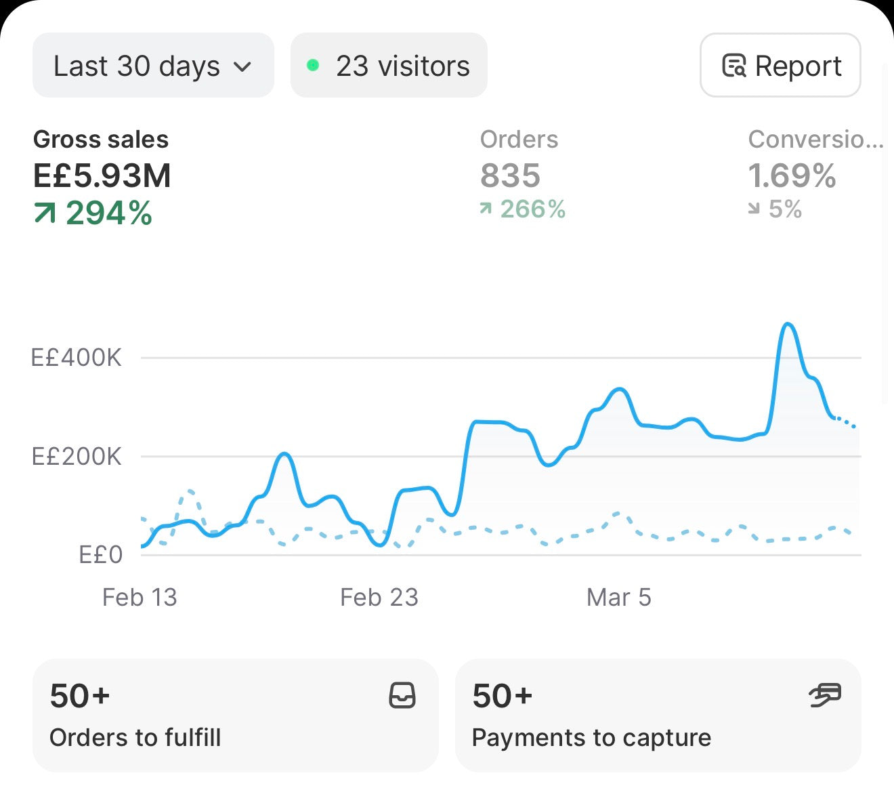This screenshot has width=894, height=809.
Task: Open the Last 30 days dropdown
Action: [153, 65]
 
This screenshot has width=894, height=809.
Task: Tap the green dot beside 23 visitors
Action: [313, 66]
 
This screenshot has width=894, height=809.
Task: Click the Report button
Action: [780, 65]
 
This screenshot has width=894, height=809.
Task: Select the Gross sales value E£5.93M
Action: [102, 175]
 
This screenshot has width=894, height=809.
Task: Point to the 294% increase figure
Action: [109, 213]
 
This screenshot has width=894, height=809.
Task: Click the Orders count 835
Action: [510, 175]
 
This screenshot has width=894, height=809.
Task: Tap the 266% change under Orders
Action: [532, 209]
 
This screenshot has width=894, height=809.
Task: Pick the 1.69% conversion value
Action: [792, 175]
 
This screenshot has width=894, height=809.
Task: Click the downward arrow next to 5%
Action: [754, 208]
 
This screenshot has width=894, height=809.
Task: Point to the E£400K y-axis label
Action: [77, 358]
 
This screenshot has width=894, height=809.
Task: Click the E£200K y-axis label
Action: [77, 457]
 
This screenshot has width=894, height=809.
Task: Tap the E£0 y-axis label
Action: [101, 555]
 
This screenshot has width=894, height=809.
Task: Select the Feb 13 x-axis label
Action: [140, 597]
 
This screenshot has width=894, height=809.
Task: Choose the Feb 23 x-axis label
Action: [379, 597]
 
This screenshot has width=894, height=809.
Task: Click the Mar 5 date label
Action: [619, 597]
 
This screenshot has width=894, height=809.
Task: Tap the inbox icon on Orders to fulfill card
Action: [402, 695]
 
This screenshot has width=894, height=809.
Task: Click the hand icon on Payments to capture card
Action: [825, 694]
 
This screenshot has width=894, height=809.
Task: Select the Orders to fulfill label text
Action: [135, 737]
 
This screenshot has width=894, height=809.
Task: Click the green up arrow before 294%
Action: [45, 213]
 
